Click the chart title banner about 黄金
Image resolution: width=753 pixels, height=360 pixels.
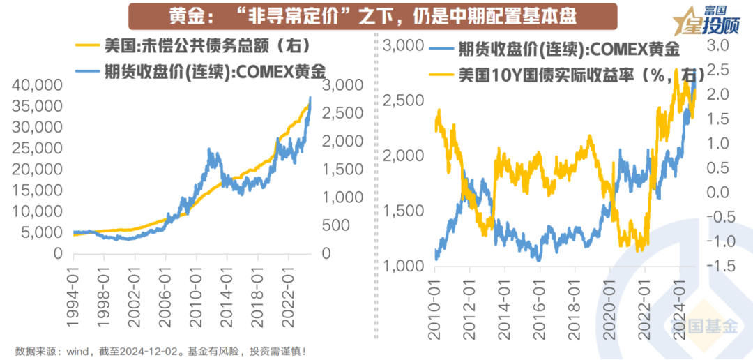point(374,15)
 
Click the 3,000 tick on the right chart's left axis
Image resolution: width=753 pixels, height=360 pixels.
point(404,46)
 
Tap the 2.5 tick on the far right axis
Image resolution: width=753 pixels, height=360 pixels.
point(723,70)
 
